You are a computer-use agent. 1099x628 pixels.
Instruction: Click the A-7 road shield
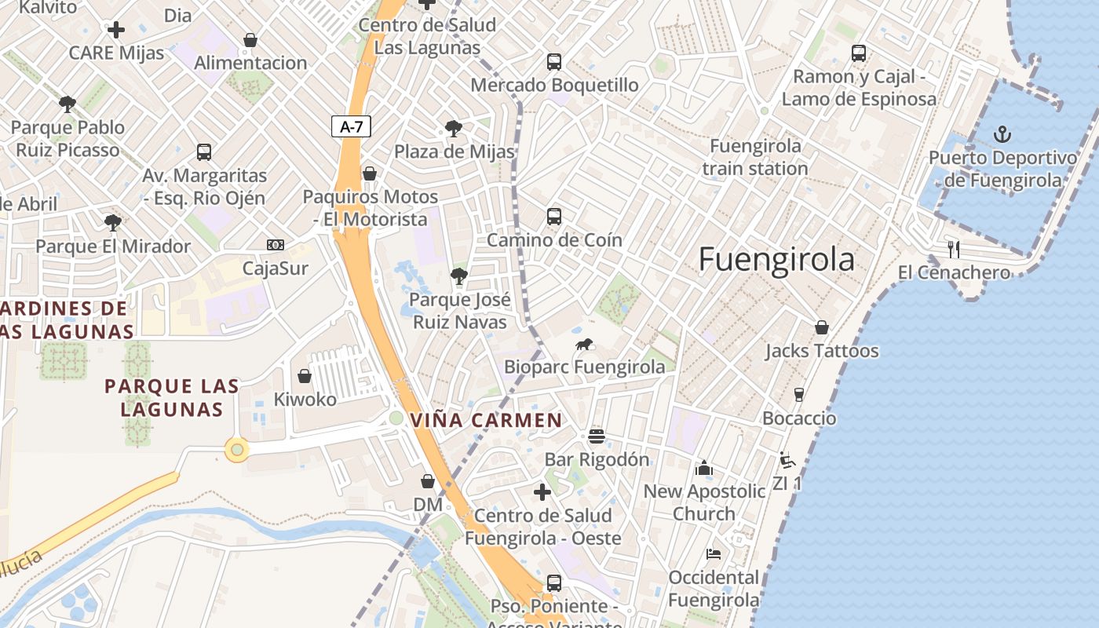coord(351,126)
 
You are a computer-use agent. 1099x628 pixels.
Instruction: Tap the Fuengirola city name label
coord(776,259)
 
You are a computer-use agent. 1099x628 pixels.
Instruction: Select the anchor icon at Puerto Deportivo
coord(1002,134)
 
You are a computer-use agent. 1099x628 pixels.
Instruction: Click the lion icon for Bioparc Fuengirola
coord(584,344)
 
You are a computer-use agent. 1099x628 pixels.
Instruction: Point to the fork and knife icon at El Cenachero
coord(954,250)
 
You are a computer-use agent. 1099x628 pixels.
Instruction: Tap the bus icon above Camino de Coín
coord(554,217)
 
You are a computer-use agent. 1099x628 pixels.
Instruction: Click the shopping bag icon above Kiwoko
coord(305,376)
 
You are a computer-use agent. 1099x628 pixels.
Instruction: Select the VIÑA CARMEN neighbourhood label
coord(486,420)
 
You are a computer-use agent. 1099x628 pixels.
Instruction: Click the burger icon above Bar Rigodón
coord(597,436)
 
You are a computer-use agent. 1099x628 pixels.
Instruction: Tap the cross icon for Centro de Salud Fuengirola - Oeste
coord(542,492)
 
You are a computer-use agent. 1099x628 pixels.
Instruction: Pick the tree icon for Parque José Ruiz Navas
coord(459,276)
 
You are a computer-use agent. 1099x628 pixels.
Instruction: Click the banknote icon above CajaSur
coord(275,245)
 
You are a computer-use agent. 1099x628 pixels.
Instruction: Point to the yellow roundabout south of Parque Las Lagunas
coord(237,450)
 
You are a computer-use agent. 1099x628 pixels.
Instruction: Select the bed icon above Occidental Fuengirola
coord(713,554)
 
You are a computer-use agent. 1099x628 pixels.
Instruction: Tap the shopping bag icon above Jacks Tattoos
coord(821,327)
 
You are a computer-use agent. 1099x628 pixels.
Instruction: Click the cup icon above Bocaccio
coord(799,394)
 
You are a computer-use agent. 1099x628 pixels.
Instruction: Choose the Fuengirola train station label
coord(754,157)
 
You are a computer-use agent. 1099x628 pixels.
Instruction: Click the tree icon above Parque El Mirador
coord(113,223)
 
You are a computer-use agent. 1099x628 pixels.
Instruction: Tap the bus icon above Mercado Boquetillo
coord(554,61)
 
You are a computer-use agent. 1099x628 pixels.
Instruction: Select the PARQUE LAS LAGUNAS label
coord(172,397)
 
